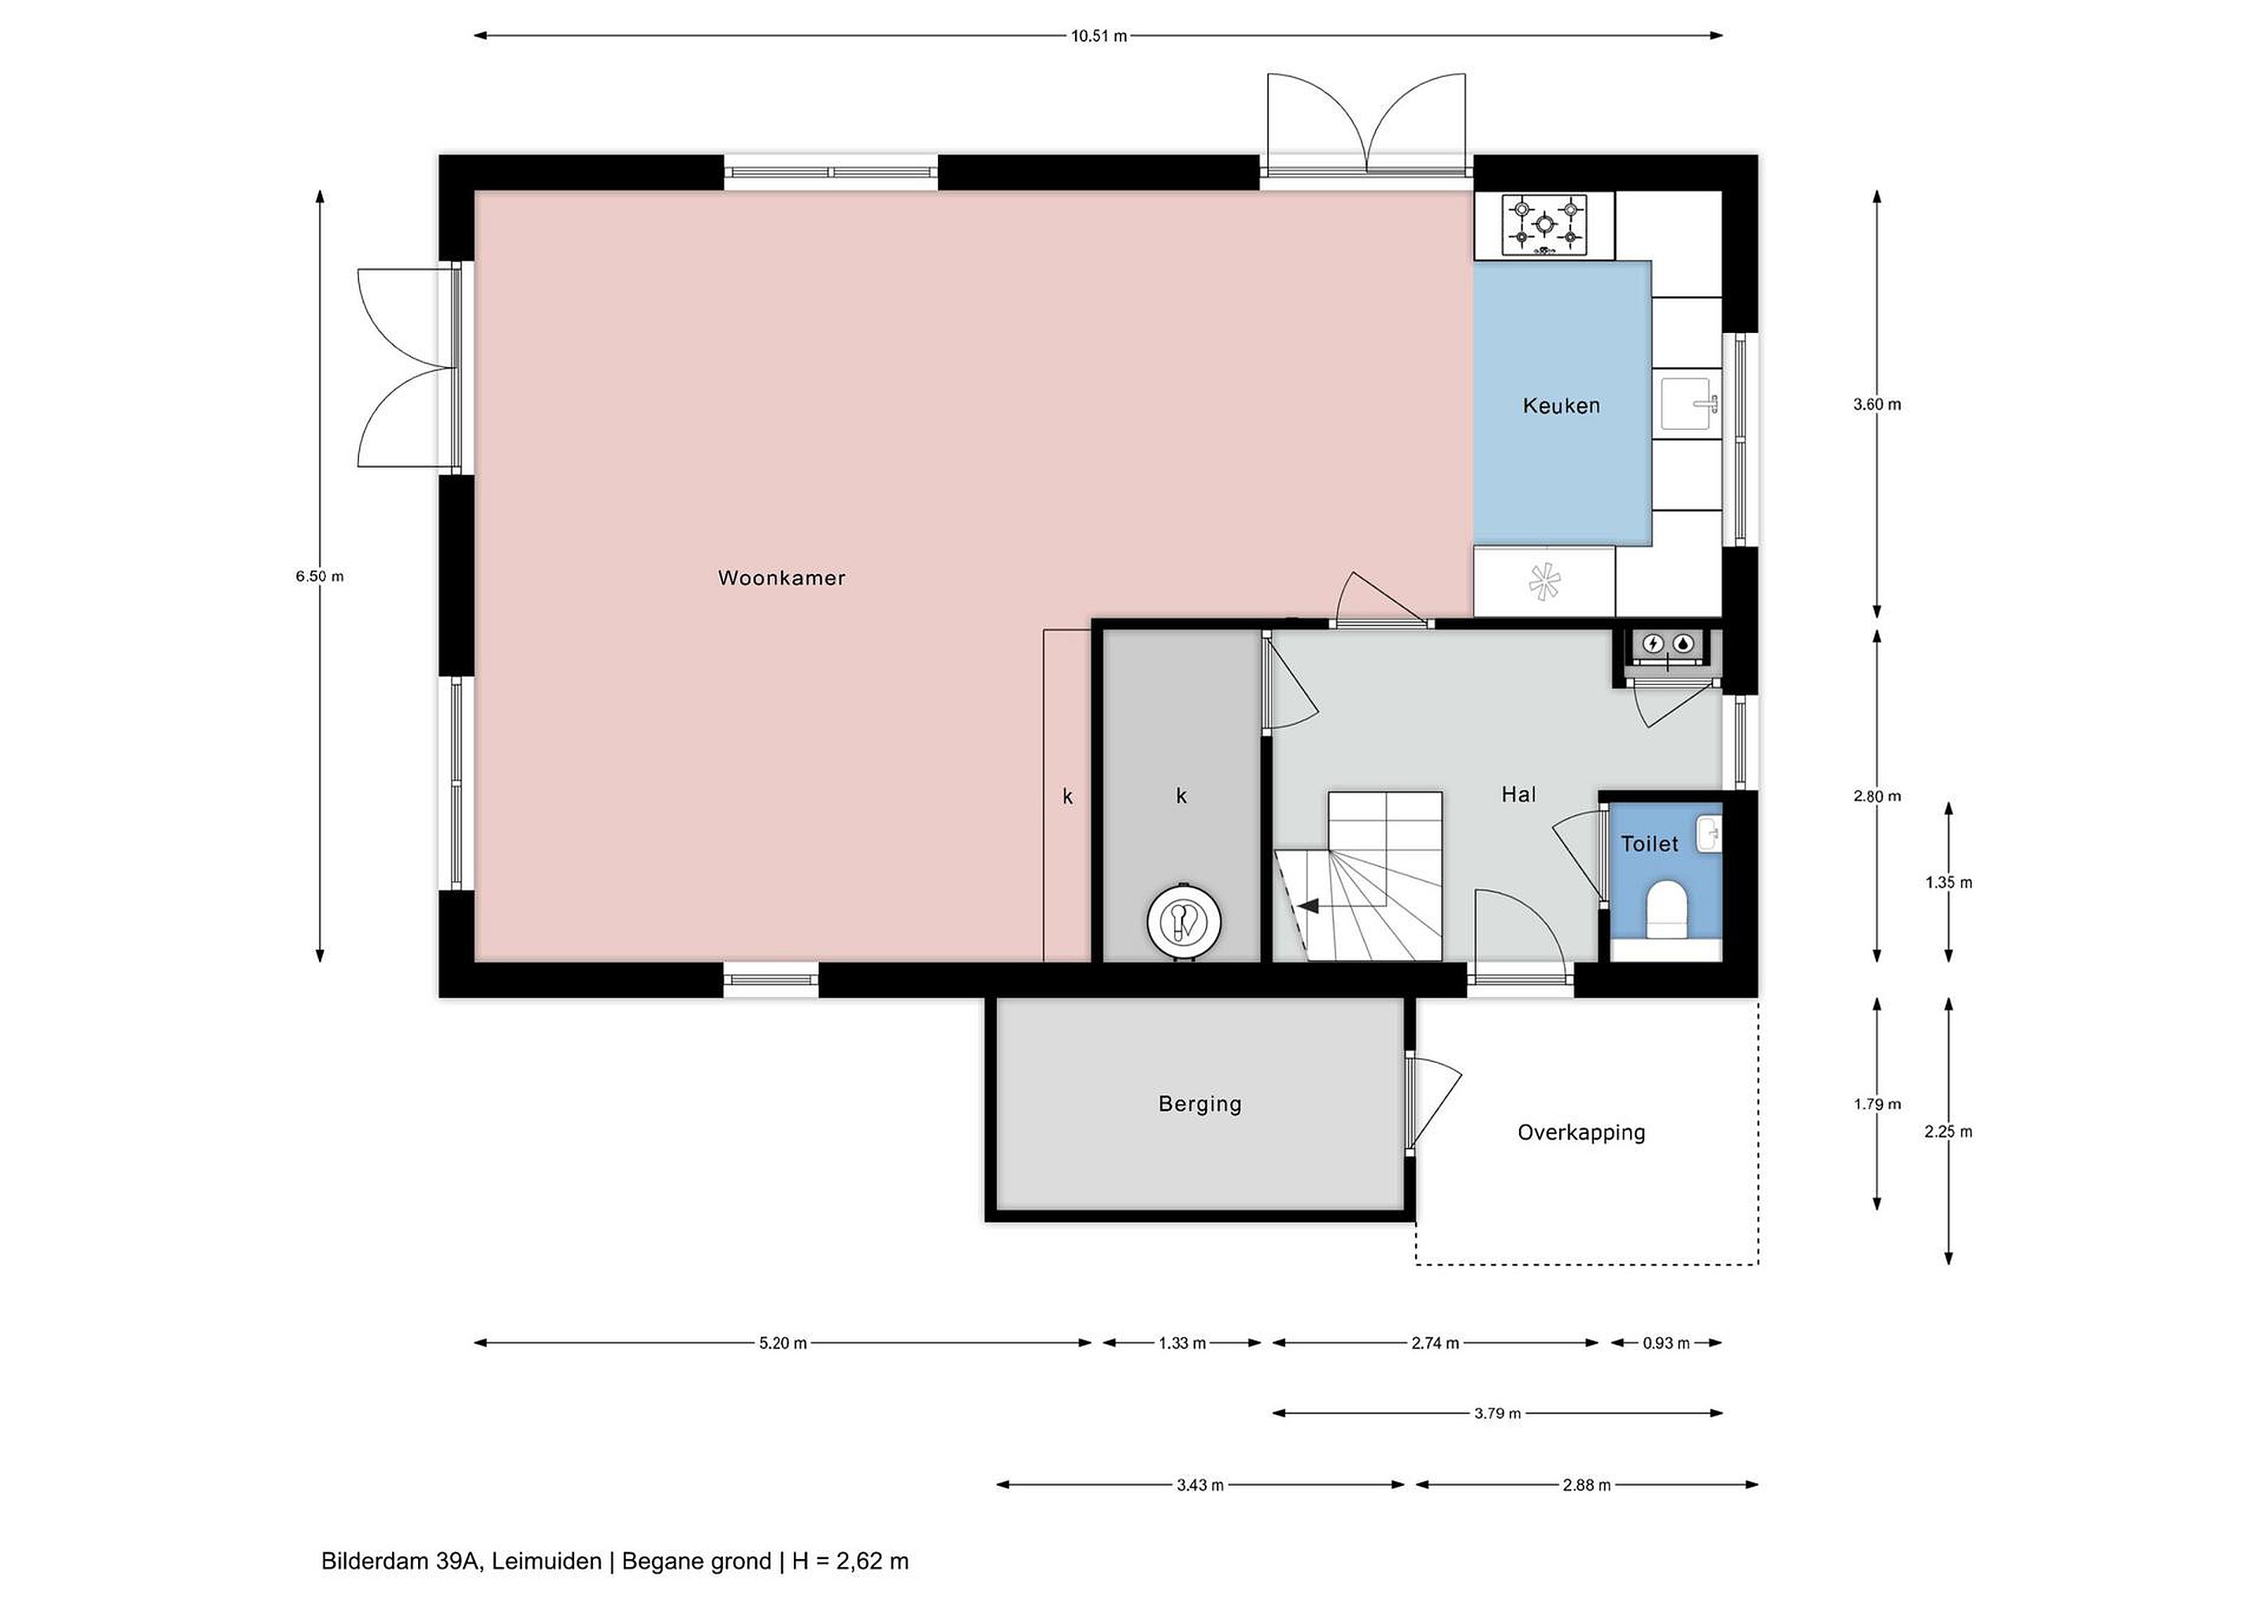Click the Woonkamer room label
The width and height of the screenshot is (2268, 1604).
[781, 578]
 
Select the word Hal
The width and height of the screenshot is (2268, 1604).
[1518, 794]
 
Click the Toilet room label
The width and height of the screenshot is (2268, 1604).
[1650, 843]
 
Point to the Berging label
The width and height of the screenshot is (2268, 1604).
[1199, 1103]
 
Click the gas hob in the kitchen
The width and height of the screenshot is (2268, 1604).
[1544, 225]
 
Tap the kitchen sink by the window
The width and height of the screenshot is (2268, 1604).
[1690, 404]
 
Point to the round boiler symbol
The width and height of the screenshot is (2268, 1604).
[1184, 921]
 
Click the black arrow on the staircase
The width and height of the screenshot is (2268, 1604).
[1310, 905]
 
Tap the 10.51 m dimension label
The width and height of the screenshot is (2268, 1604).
[1099, 36]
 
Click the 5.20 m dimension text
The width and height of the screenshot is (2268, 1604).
[784, 1343]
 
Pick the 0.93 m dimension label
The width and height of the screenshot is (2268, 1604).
[1666, 1343]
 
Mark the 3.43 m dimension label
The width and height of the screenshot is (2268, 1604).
[1200, 1484]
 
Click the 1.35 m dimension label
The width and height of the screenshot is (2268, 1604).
[1948, 882]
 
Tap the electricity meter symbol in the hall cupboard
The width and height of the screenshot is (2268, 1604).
[1653, 644]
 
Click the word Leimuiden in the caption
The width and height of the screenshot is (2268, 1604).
[547, 1561]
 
